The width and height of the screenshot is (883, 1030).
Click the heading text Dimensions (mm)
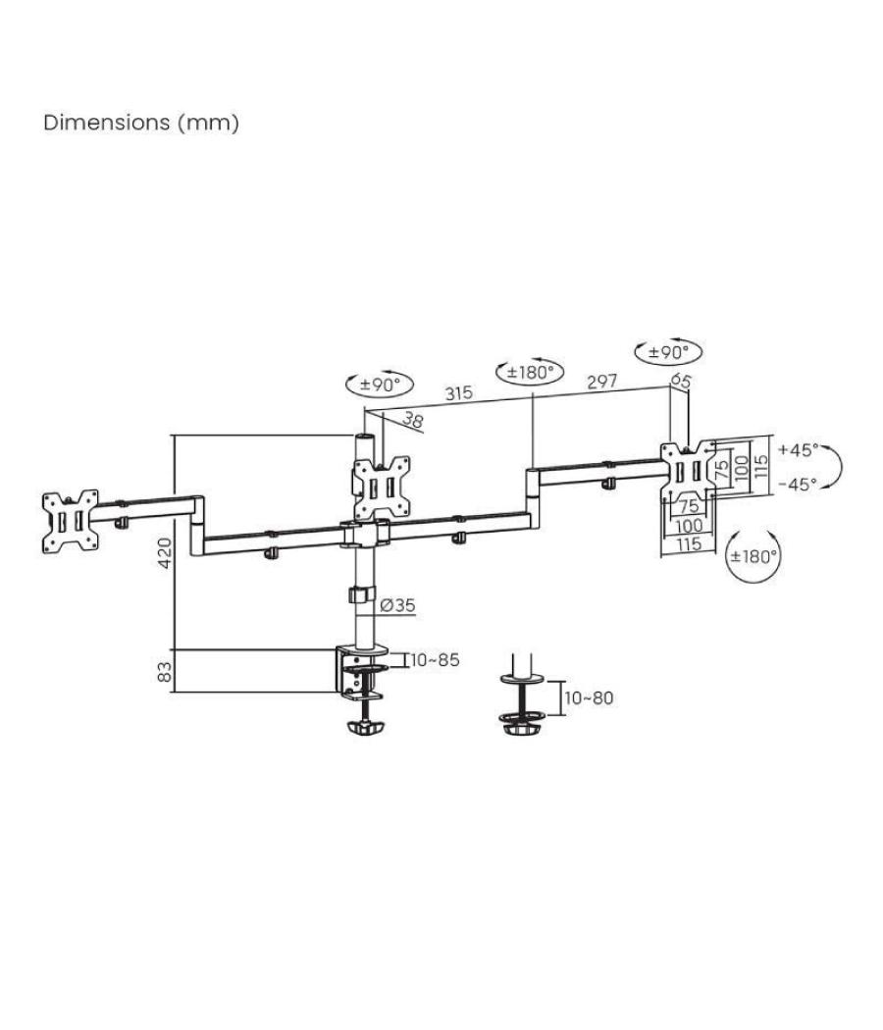141,124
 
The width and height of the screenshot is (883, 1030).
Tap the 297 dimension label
601,382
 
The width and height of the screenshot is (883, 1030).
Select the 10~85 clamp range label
435,660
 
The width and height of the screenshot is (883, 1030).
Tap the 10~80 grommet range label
589,697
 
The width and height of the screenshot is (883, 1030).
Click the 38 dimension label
413,421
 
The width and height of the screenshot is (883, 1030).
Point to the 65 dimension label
681,379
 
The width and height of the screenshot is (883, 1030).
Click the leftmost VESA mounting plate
71,520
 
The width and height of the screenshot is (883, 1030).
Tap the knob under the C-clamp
365,729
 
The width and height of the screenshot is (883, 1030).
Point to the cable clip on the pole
359,595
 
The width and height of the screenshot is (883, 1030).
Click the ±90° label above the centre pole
380,385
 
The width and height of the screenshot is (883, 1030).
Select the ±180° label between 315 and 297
531,373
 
